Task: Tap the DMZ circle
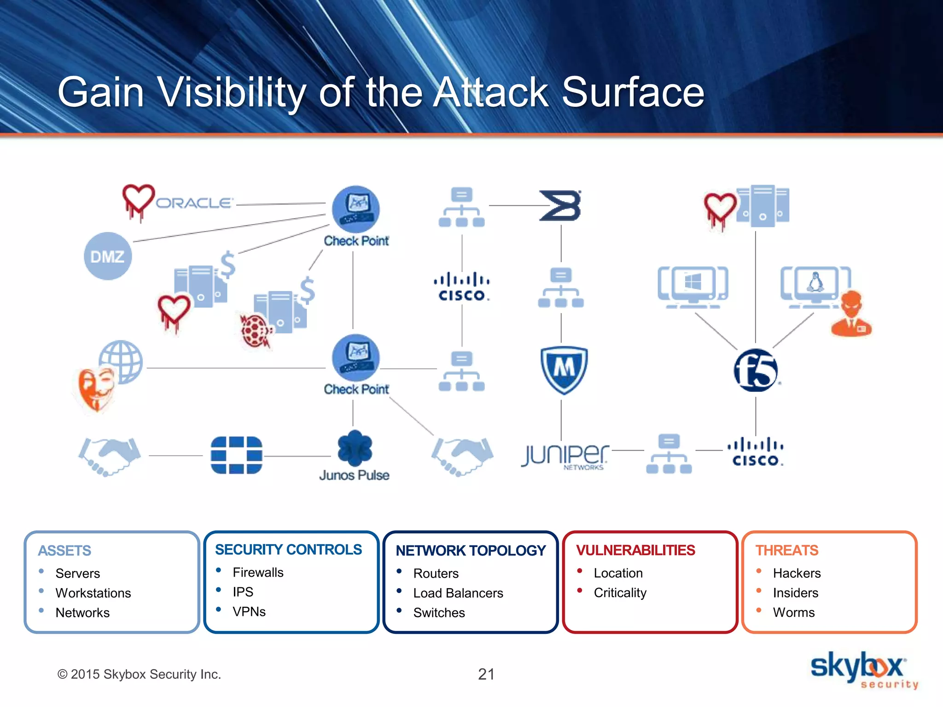(107, 256)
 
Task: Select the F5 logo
(756, 371)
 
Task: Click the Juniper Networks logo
(565, 455)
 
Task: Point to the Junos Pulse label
(354, 475)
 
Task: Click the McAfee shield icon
(564, 370)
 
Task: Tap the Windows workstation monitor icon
(693, 287)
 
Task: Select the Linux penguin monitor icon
(815, 286)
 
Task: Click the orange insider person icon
(851, 314)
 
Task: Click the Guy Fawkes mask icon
(95, 389)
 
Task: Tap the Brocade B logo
(560, 206)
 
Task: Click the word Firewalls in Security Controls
(258, 572)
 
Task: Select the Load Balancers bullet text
(458, 593)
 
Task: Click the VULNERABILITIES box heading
(635, 550)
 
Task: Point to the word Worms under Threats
(793, 612)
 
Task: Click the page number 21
(486, 674)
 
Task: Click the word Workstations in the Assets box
(93, 593)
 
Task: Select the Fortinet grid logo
(236, 455)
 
